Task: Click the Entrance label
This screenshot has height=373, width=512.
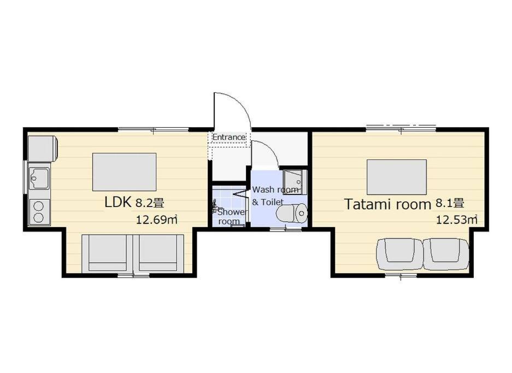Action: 229,137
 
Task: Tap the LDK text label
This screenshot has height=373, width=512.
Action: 118,202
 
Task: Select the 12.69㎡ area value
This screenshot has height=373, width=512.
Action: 157,220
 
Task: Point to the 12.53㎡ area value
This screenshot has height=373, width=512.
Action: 457,220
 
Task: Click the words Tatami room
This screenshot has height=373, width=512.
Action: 389,204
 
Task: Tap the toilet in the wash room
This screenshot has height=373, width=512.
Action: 292,214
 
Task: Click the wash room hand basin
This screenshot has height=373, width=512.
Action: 295,182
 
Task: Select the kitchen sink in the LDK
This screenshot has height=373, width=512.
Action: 39,178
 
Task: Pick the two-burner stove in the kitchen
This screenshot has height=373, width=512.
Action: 39,212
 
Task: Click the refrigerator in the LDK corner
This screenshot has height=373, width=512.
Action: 43,149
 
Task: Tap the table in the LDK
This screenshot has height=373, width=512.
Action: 124,172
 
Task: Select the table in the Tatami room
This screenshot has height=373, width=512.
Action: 397,177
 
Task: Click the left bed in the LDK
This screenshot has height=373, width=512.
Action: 107,253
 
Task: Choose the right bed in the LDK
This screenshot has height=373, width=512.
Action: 158,253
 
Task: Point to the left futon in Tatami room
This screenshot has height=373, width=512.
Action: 400,254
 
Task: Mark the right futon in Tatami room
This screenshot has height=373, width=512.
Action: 446,254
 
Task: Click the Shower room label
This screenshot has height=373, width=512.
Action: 231,216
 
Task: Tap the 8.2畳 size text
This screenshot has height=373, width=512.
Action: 150,203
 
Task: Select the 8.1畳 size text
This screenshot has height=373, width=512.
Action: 450,204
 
